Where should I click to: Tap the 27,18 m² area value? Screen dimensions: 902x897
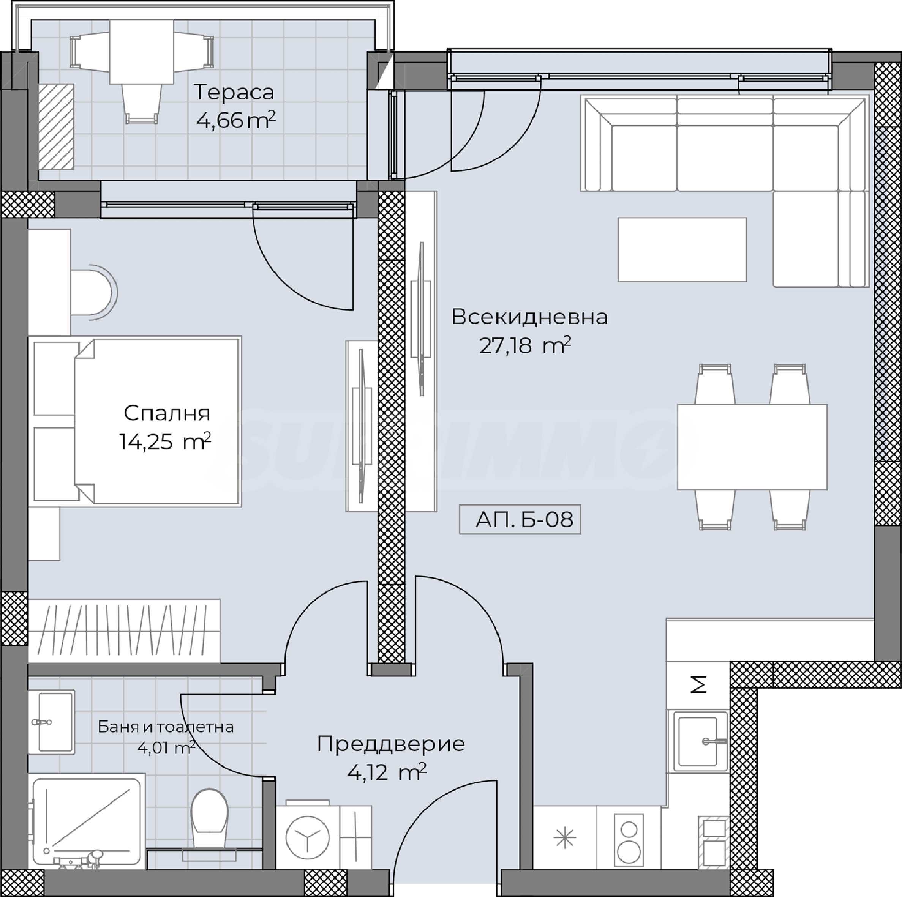click(525, 346)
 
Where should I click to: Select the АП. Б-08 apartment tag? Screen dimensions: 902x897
click(520, 519)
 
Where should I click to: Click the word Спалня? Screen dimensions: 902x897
click(167, 413)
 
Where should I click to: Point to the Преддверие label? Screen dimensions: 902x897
click(391, 744)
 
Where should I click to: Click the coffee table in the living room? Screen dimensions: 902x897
click(682, 250)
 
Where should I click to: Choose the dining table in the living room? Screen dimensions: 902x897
click(752, 447)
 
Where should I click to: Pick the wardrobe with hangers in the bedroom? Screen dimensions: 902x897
click(124, 631)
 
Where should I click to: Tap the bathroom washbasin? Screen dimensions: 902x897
click(51, 722)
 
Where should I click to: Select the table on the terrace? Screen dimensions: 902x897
click(142, 52)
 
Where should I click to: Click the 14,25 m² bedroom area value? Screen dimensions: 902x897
click(165, 441)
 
